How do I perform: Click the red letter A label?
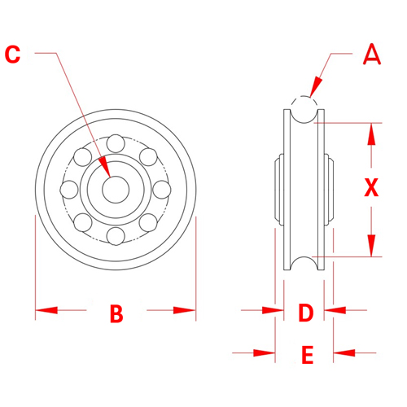coord(371,55)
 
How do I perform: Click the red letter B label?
coord(116,313)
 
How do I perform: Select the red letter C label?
coord(13,55)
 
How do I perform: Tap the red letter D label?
coord(305,313)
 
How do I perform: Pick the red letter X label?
coord(371,189)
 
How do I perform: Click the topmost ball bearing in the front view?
coord(116,142)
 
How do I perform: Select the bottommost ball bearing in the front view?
coord(116,236)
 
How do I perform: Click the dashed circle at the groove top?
coord(302,109)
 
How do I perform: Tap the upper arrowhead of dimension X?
coord(371,131)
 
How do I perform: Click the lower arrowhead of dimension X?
coord(371,247)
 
